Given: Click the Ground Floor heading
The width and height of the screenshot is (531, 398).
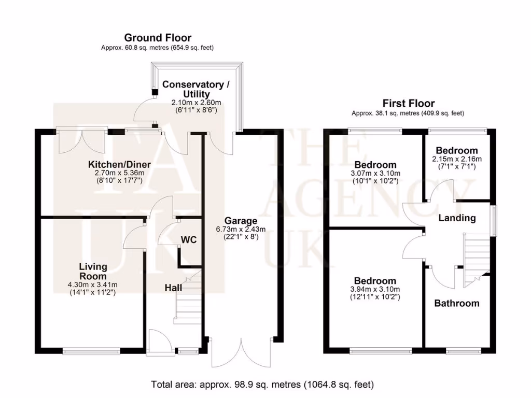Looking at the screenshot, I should pyautogui.click(x=157, y=38).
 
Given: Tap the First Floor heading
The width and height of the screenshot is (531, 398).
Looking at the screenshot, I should pyautogui.click(x=408, y=103).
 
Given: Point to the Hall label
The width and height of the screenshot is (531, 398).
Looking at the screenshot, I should pyautogui.click(x=173, y=287).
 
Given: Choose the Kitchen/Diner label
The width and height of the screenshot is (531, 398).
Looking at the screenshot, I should pyautogui.click(x=116, y=164).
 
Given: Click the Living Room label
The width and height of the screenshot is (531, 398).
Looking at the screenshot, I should pyautogui.click(x=93, y=271).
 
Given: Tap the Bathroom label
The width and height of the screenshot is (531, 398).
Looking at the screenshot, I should pyautogui.click(x=456, y=303).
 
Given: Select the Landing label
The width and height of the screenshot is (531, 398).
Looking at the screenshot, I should pyautogui.click(x=457, y=218).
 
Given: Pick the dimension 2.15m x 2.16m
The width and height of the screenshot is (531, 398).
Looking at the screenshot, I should pyautogui.click(x=456, y=159).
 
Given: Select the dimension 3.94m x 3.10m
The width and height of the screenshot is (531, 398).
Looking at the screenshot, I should pyautogui.click(x=375, y=289).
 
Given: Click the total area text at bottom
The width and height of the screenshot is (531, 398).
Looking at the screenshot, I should pyautogui.click(x=262, y=385).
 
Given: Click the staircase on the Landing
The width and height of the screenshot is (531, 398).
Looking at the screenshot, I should pyautogui.click(x=476, y=257).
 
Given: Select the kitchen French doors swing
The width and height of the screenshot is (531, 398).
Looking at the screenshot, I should pyautogui.click(x=83, y=141).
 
